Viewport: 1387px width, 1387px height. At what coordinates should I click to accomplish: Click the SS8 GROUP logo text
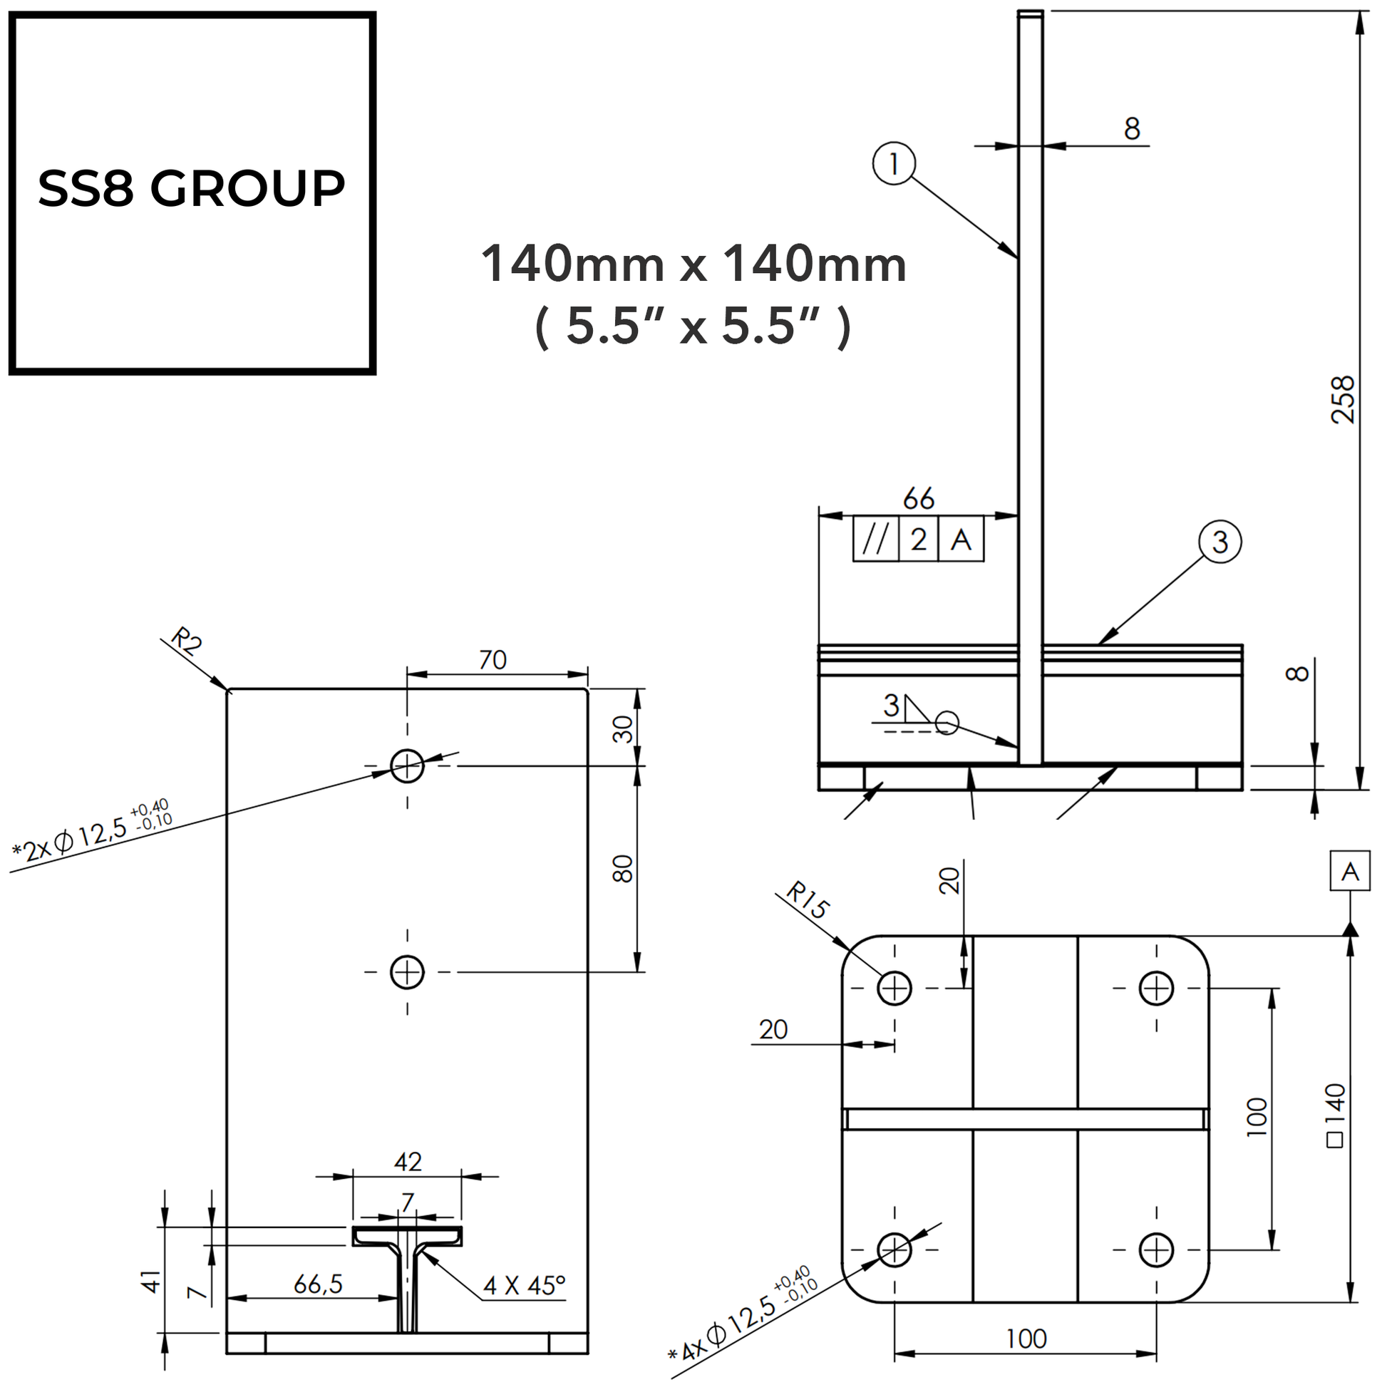(192, 188)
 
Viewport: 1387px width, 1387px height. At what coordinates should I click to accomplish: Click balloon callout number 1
(894, 164)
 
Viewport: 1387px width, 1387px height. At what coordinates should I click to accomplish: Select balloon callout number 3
(1220, 542)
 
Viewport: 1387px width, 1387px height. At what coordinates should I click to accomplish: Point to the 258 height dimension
(1342, 400)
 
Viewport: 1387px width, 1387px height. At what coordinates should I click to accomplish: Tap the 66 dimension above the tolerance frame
(918, 498)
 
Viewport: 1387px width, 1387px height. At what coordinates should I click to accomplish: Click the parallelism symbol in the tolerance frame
(875, 539)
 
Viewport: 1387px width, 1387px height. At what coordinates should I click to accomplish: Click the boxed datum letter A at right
(1350, 872)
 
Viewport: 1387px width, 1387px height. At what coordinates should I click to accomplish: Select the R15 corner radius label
(807, 900)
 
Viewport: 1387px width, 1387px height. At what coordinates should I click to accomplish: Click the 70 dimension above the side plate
(493, 660)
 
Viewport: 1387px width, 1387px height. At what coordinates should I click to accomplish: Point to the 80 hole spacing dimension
(622, 869)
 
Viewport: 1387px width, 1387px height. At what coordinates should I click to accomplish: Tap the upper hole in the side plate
(407, 765)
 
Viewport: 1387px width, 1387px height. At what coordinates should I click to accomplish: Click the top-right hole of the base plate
(1156, 988)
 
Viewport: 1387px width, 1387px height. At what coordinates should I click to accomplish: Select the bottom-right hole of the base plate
(1156, 1250)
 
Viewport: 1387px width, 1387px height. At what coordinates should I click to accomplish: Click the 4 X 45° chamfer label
(524, 1285)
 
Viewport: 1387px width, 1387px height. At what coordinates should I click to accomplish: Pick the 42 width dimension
(407, 1162)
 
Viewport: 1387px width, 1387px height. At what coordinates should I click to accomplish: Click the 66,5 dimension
(318, 1284)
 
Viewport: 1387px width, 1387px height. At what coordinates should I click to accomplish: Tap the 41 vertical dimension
(151, 1281)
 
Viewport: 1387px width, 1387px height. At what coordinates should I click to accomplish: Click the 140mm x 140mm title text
(693, 264)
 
